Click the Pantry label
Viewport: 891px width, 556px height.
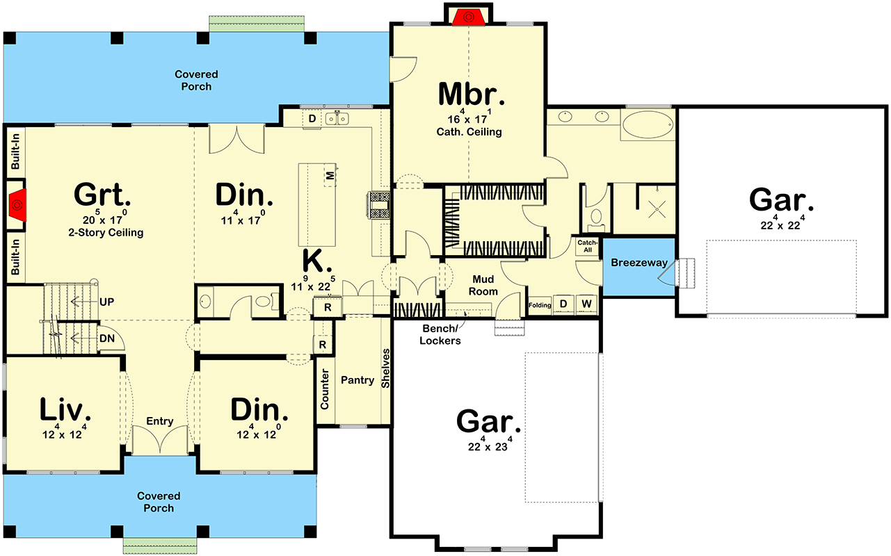click(358, 380)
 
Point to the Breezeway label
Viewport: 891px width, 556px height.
click(639, 263)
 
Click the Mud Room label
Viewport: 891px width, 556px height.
click(483, 285)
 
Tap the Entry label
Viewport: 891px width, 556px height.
click(159, 421)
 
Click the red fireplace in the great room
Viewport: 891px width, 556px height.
click(17, 203)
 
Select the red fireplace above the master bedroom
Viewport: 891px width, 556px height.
click(469, 16)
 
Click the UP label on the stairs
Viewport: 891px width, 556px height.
click(106, 302)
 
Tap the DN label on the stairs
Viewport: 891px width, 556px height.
click(106, 338)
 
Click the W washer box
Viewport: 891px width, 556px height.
click(586, 304)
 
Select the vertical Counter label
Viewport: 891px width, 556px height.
click(325, 389)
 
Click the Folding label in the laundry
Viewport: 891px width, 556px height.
click(540, 305)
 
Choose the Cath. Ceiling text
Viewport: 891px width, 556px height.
click(469, 131)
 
